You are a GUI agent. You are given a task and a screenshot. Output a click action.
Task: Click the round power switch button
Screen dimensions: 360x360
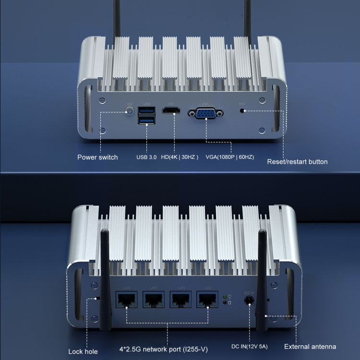tap(129, 112)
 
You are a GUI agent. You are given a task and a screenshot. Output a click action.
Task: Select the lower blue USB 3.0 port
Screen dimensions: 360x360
tap(146, 120)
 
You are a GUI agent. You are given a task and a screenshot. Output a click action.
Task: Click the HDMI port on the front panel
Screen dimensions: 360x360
tap(171, 111)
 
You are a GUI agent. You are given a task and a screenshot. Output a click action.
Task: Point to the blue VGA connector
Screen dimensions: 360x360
tap(205, 113)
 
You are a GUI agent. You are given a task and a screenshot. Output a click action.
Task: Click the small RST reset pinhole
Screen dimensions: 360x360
tap(242, 111)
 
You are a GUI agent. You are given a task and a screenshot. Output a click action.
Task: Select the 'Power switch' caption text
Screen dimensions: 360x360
tap(97, 157)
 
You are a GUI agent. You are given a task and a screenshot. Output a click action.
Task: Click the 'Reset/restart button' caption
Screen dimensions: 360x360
tap(297, 162)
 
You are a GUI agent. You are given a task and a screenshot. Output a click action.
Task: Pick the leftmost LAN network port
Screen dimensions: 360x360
tap(127, 300)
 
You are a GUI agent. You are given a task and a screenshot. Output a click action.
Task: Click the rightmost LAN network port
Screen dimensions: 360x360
tap(208, 300)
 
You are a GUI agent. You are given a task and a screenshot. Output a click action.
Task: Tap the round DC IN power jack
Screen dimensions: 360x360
tap(249, 301)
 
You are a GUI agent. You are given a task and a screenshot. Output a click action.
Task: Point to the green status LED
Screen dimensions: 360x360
tap(225, 296)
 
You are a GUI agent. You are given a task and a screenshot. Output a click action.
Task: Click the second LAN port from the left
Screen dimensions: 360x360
tap(154, 300)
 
